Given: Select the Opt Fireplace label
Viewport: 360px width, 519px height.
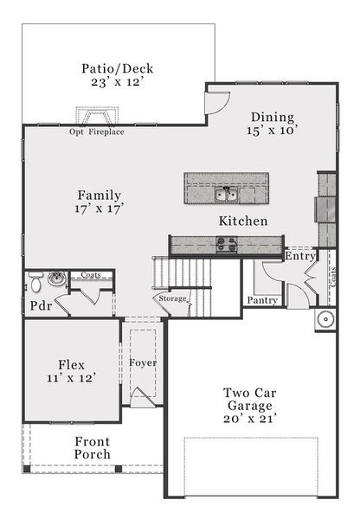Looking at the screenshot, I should pos(97,132).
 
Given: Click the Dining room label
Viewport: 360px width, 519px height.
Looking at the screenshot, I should pos(273,118).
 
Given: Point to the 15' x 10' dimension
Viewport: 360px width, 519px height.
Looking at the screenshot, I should pos(273,131).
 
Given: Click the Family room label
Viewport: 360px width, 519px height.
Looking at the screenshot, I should pos(99,195).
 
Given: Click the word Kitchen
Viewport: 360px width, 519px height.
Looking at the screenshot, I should pos(242,221).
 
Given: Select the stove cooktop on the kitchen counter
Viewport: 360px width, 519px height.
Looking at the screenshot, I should pos(227,245).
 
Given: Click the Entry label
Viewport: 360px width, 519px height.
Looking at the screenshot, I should pos(299,256).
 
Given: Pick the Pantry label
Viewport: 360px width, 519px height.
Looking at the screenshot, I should pos(261,300).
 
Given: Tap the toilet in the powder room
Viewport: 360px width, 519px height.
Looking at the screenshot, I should pos(36,282).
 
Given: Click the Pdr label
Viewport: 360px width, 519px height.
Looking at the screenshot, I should pos(39,306).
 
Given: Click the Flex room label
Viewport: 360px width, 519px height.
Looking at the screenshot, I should pos(70,363).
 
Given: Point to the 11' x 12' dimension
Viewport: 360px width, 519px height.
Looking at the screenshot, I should pos(70,378).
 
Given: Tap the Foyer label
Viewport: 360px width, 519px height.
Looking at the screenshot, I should pos(143,362).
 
